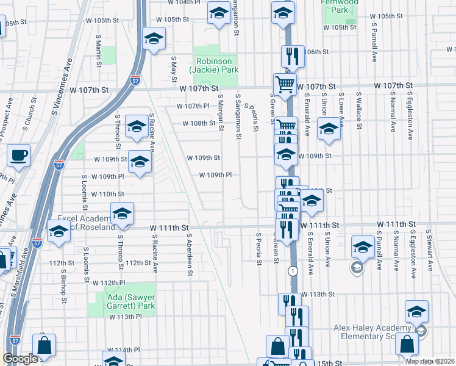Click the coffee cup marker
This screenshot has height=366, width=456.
[18, 155]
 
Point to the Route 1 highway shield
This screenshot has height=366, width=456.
[294, 270]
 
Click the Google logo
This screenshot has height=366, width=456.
[21, 359]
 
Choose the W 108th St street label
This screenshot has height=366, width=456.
[200, 123]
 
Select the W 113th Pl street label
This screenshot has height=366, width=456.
[126, 317]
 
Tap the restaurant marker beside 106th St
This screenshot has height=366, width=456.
[292, 56]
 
